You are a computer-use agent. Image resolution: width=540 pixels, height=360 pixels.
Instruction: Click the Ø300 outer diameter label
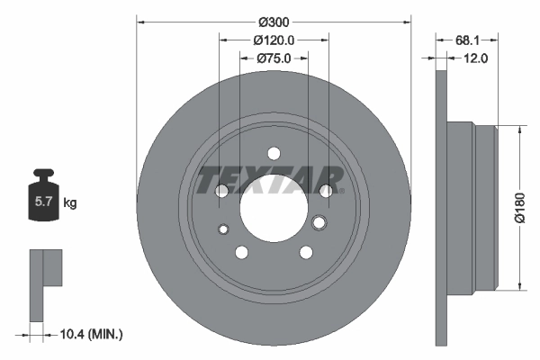(274, 22)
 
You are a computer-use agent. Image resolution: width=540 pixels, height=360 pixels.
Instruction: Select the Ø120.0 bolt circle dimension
(274, 40)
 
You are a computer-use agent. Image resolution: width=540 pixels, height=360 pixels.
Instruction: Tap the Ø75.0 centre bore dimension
(274, 58)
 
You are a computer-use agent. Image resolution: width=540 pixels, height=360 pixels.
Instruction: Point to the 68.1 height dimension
(467, 40)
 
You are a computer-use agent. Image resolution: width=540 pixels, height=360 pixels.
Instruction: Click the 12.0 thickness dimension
(475, 58)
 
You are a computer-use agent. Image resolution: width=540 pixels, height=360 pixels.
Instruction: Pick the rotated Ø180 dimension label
(519, 208)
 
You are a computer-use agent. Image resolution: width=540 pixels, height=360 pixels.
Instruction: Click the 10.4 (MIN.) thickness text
(91, 334)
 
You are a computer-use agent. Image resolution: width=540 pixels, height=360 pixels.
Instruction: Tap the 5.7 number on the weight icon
(43, 202)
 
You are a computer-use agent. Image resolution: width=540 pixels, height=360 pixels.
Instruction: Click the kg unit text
(70, 202)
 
